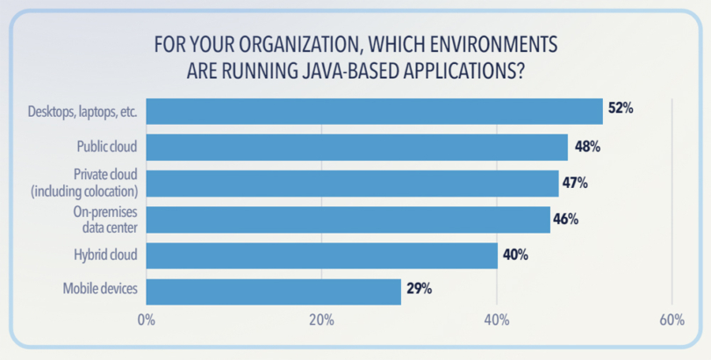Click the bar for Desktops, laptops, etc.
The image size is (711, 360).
tap(374, 112)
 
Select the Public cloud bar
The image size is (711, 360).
tap(356, 148)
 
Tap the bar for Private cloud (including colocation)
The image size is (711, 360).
tap(352, 184)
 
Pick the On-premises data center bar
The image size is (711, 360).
tap(348, 220)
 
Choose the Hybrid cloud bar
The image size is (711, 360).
tap(321, 256)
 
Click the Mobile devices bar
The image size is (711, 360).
tap(273, 291)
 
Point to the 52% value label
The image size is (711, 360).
tap(621, 110)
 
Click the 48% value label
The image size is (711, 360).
tap(586, 147)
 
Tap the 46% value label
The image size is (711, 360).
tap(566, 219)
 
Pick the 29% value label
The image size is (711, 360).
tap(418, 289)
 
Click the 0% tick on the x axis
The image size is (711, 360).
tap(147, 320)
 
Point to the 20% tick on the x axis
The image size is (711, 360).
tap(321, 320)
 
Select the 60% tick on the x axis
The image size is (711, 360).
tap(671, 320)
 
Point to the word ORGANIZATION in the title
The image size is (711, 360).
tap(303, 45)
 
